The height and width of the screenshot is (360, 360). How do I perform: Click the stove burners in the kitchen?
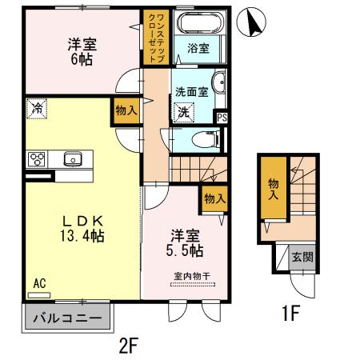coord(36,158)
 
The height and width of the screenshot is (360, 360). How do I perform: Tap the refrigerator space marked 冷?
coord(36,106)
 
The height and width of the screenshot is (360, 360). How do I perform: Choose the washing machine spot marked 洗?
coord(184,111)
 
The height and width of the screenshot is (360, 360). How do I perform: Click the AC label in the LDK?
coord(39,283)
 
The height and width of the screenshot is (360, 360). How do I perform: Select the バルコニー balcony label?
coord(66,318)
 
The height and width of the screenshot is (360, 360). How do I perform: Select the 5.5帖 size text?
coord(185,251)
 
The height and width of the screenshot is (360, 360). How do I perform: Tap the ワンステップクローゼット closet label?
coord(153,38)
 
